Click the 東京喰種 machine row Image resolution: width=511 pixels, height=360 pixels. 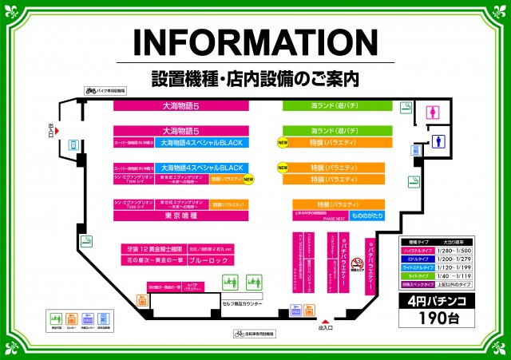[x=180, y=216]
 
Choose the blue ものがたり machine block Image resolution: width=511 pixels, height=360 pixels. [x=369, y=216]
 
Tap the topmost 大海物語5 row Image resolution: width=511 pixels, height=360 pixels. [x=180, y=105]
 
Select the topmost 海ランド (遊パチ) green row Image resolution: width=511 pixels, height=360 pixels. [x=334, y=105]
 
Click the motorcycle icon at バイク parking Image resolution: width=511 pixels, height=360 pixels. [x=90, y=91]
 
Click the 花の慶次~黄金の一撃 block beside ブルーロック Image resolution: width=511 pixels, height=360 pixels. [x=153, y=259]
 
